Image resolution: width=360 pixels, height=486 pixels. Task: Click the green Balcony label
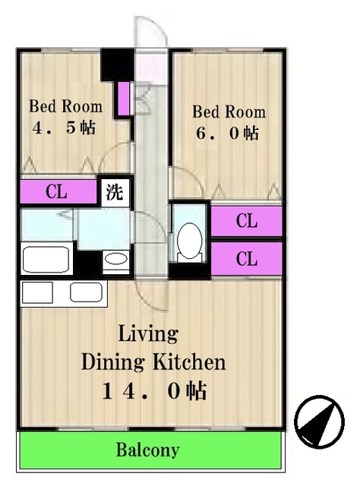click(x=148, y=450)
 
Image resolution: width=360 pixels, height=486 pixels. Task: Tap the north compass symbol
click(x=319, y=421)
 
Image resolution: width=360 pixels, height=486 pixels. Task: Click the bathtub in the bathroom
click(x=46, y=260)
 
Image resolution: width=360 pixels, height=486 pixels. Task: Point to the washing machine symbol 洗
click(x=115, y=192)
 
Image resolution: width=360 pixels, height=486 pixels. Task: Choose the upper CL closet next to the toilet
click(x=247, y=221)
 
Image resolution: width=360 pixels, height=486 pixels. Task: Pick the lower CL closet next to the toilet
click(x=247, y=258)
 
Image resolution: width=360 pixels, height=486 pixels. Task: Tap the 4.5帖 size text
click(x=65, y=128)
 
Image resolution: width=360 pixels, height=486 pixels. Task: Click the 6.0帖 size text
click(x=227, y=134)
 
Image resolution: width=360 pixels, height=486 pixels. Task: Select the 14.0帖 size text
click(x=154, y=391)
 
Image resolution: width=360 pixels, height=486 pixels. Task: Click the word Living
click(x=148, y=334)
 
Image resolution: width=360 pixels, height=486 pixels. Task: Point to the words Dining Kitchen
click(x=153, y=362)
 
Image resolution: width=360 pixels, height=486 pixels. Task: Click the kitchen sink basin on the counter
click(x=86, y=292)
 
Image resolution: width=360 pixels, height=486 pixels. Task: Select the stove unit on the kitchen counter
click(x=37, y=292)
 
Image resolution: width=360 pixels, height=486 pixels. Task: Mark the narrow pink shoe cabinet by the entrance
click(x=124, y=98)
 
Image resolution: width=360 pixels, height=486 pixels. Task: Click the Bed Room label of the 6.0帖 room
click(x=229, y=112)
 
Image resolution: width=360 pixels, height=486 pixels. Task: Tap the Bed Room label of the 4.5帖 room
click(x=66, y=106)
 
